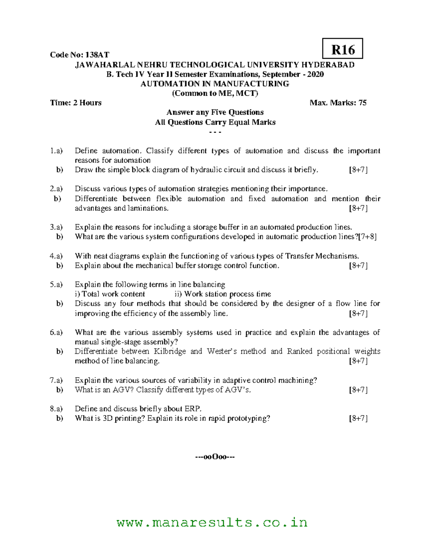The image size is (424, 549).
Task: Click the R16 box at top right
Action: point(342,49)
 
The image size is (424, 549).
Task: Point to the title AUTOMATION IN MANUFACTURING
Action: point(215,84)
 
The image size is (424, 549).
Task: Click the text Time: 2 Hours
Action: point(76,103)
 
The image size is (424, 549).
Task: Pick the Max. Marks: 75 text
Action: point(338,103)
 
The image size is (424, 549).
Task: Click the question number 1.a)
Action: point(56,151)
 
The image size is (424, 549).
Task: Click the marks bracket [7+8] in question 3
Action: point(367,237)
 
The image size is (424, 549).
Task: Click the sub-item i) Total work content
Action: point(110,294)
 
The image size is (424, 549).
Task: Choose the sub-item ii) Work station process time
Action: point(223,294)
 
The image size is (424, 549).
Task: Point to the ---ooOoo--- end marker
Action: point(215,457)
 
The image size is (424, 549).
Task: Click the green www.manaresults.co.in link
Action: point(212,522)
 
